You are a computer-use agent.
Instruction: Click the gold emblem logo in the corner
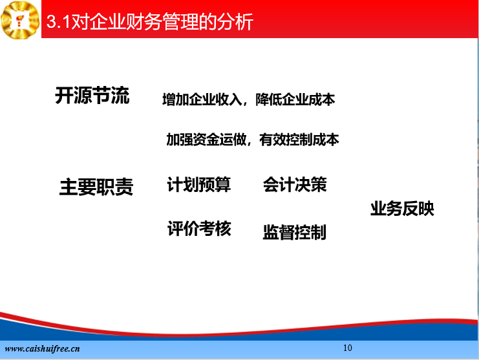point(20,20)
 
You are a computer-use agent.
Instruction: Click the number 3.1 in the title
point(58,22)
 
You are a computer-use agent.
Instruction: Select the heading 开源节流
point(92,95)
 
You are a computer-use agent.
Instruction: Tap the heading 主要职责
point(96,187)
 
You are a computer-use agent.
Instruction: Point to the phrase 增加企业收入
point(202,100)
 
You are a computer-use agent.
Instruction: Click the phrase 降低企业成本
point(295,100)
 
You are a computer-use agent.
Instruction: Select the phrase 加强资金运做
point(206,140)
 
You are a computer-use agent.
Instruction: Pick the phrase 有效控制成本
point(299,140)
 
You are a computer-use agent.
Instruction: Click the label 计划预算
point(199,184)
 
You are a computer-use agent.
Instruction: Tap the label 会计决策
point(295,184)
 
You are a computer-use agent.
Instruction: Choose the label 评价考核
point(199,228)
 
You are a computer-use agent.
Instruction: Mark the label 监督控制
point(295,232)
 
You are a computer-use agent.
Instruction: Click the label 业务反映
point(402,209)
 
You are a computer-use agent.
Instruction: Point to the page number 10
point(348,348)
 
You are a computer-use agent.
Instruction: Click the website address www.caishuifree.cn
point(42,349)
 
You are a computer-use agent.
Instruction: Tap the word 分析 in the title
point(235,22)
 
